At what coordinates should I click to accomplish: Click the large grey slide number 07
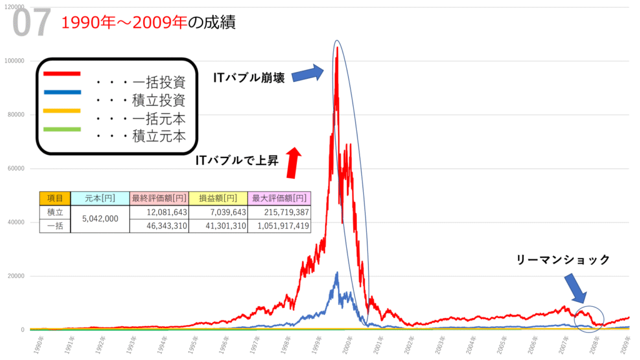tap(31, 23)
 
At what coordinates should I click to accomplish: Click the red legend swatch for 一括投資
tap(62, 74)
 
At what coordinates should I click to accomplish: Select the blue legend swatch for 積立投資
tap(62, 92)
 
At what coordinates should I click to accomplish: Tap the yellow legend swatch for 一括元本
tap(62, 111)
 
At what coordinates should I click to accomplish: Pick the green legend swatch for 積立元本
tap(62, 129)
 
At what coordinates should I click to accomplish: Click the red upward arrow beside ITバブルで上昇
tap(292, 162)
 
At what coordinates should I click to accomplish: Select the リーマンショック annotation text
tap(563, 260)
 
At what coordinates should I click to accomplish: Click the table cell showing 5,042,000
tap(100, 219)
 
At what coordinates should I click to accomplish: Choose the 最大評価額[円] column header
tap(279, 198)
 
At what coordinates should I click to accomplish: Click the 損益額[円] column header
tap(218, 198)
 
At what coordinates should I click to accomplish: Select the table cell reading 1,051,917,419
tap(279, 226)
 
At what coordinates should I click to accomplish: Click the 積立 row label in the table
tap(55, 212)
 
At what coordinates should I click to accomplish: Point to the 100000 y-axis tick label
tap(14, 61)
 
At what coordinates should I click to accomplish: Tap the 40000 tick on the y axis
tap(15, 222)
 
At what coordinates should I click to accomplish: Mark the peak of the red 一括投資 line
tap(337, 47)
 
